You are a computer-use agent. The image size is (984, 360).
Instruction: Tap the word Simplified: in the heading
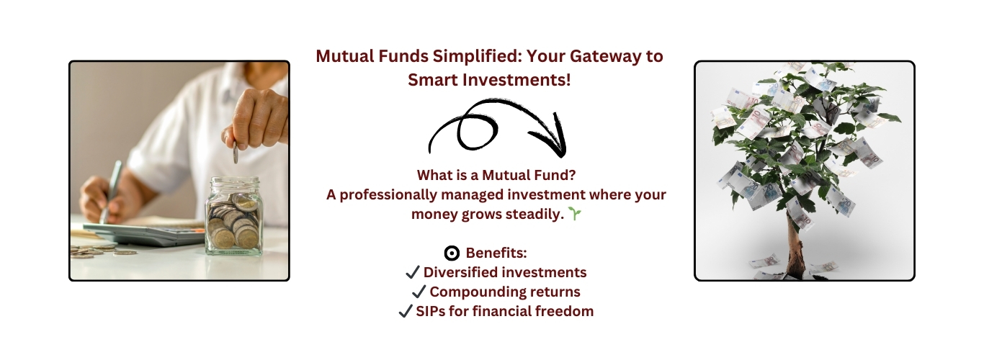pyautogui.click(x=477, y=57)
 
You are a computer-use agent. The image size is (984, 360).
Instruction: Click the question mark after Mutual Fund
pyautogui.click(x=571, y=175)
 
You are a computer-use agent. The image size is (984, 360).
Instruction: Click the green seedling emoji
pyautogui.click(x=575, y=214)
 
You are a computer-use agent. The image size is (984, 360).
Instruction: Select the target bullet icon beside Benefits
pyautogui.click(x=452, y=253)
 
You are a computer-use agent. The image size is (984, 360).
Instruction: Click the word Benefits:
pyautogui.click(x=496, y=253)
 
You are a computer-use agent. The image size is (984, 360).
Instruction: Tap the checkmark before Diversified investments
pyautogui.click(x=413, y=272)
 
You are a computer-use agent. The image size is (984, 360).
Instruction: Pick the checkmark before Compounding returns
pyautogui.click(x=419, y=292)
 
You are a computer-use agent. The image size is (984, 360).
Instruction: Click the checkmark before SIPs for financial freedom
pyautogui.click(x=406, y=311)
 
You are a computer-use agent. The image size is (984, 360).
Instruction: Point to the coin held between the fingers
pyautogui.click(x=236, y=153)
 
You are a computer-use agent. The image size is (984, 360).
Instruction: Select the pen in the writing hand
pyautogui.click(x=110, y=192)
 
